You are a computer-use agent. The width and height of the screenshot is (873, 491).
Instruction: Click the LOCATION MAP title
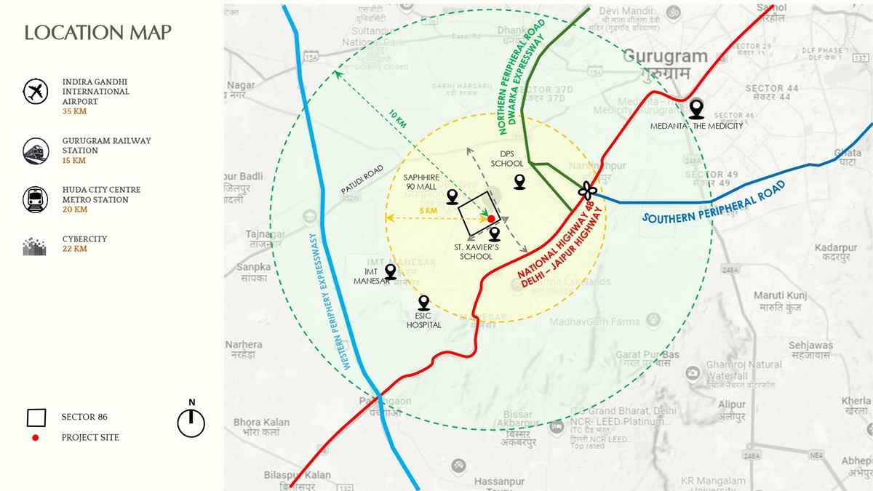tap(98, 33)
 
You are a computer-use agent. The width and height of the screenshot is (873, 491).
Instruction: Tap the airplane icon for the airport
tap(35, 92)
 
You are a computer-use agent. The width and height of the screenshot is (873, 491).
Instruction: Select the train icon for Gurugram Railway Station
tap(35, 150)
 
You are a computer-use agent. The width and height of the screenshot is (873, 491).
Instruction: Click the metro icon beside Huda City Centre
tap(35, 199)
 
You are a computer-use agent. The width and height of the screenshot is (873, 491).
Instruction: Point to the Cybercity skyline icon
tap(35, 247)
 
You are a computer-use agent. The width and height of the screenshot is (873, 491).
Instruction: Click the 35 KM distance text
tap(74, 112)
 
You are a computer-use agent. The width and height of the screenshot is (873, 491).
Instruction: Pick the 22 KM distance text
tap(74, 249)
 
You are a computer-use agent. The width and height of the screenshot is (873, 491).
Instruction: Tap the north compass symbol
tap(191, 422)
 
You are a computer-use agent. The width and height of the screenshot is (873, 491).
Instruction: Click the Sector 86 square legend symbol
tap(36, 418)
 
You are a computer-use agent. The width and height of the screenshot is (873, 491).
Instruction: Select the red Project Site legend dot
tap(36, 438)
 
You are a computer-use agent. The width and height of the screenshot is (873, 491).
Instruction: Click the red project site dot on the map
tap(491, 218)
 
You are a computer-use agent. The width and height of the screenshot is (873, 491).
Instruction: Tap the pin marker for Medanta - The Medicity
tap(697, 109)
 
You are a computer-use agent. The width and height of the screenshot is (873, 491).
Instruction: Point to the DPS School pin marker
tap(519, 181)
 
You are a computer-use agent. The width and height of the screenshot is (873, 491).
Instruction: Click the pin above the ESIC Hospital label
tap(423, 303)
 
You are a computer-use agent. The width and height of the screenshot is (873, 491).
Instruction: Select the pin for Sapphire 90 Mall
tap(453, 196)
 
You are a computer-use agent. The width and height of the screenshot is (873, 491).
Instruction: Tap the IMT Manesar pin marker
tap(391, 271)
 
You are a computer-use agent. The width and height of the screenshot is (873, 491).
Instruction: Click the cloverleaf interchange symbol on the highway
tap(587, 191)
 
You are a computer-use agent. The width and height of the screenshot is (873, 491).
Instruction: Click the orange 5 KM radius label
tap(428, 211)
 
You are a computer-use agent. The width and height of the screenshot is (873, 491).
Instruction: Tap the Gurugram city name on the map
tap(665, 57)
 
